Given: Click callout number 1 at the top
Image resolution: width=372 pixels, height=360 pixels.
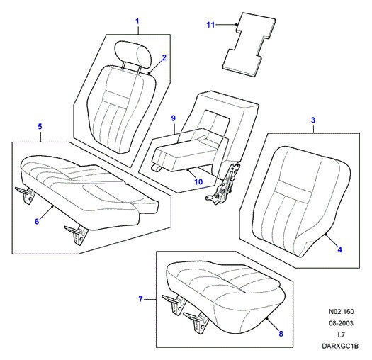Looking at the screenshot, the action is pos(137,21).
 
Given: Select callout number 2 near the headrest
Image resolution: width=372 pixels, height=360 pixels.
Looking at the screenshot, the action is pos(164,57).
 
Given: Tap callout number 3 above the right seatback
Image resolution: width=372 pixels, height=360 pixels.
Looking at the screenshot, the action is pos(313,120).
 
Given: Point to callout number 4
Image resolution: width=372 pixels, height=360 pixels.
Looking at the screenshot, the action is pos(339,249).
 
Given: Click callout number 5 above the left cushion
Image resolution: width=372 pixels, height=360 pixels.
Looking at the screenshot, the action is pos(40,126).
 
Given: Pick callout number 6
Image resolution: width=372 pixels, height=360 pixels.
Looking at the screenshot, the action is pos(37,221).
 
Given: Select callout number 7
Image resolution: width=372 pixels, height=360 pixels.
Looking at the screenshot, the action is pos(141,299).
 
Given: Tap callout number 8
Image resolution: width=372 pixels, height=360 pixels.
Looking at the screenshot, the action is pos(281,334).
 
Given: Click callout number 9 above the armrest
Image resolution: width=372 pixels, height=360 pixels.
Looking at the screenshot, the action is pos(174,118).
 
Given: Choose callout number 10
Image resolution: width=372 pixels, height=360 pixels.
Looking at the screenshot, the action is pos(198,182).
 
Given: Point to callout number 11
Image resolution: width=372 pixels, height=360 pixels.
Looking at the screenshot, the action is pos(210,25).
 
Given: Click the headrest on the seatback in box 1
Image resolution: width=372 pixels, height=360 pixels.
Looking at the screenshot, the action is pos(133,55).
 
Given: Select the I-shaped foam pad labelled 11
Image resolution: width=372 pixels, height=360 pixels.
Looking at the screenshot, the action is pos(249,45).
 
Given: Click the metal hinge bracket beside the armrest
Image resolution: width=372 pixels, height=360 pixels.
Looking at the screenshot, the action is pos(223,184).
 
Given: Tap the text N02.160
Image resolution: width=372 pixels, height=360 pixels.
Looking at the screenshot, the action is pos(341,312).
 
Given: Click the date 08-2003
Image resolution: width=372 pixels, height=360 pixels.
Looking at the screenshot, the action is pos(341,323).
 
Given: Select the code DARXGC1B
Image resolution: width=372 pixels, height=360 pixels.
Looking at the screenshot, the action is pos(340,347).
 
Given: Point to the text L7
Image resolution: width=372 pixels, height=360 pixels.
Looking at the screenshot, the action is pos(341,335).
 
